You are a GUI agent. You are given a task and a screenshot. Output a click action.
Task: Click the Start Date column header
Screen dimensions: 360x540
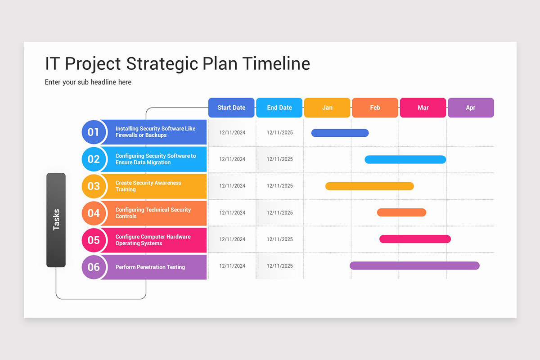231,108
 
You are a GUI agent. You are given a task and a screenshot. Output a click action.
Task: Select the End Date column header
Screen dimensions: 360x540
279,108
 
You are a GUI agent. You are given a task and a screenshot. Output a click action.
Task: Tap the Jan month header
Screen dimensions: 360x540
327,108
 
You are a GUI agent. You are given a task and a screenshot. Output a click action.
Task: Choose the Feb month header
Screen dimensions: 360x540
375,108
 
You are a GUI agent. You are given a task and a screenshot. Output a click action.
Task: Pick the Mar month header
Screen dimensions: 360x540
423,108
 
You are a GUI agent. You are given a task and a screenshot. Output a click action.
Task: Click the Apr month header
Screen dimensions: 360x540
471,108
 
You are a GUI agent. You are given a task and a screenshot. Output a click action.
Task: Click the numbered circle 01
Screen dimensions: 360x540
94,132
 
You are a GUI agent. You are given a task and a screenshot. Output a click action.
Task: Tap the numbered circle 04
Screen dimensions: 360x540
94,213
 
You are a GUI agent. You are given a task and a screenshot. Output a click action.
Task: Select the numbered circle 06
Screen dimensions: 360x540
94,267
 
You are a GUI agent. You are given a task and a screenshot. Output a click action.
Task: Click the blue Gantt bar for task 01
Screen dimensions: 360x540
340,133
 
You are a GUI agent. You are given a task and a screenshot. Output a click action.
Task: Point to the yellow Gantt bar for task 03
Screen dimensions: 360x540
369,186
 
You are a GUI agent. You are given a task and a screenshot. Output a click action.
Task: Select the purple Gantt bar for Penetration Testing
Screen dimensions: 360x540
414,265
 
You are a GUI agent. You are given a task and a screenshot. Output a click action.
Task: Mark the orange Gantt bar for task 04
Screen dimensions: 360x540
401,212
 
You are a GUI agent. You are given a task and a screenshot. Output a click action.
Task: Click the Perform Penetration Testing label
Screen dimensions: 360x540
150,267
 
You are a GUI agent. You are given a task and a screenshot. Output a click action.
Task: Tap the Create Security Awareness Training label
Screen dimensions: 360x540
148,186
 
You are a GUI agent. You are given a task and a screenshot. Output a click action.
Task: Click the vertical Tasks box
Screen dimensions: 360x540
56,220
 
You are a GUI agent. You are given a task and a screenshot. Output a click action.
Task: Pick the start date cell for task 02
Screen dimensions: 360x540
232,159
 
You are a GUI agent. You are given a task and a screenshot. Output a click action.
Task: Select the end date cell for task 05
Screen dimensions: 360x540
279,239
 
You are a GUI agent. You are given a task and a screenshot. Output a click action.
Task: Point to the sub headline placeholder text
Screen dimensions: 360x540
88,82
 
